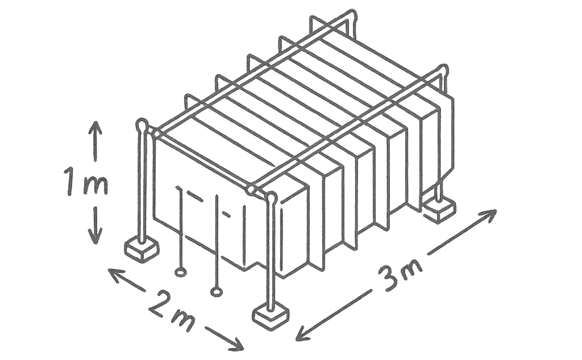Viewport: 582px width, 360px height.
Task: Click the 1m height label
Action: pos(86,182)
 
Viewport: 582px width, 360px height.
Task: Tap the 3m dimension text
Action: pos(400,274)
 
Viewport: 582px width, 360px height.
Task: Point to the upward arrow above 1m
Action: pos(95,141)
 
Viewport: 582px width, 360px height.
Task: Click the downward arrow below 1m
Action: pos(95,225)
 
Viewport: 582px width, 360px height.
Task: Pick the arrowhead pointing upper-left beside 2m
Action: pos(114,274)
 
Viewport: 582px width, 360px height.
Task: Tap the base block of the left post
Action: pos(142,249)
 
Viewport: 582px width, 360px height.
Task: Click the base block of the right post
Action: pos(440,209)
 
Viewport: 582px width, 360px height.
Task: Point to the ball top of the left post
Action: pos(142,125)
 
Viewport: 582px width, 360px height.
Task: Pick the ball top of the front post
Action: pos(272,198)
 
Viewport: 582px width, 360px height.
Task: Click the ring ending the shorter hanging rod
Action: pos(180,272)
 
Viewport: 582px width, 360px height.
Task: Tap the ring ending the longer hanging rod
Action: pos(216,292)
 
